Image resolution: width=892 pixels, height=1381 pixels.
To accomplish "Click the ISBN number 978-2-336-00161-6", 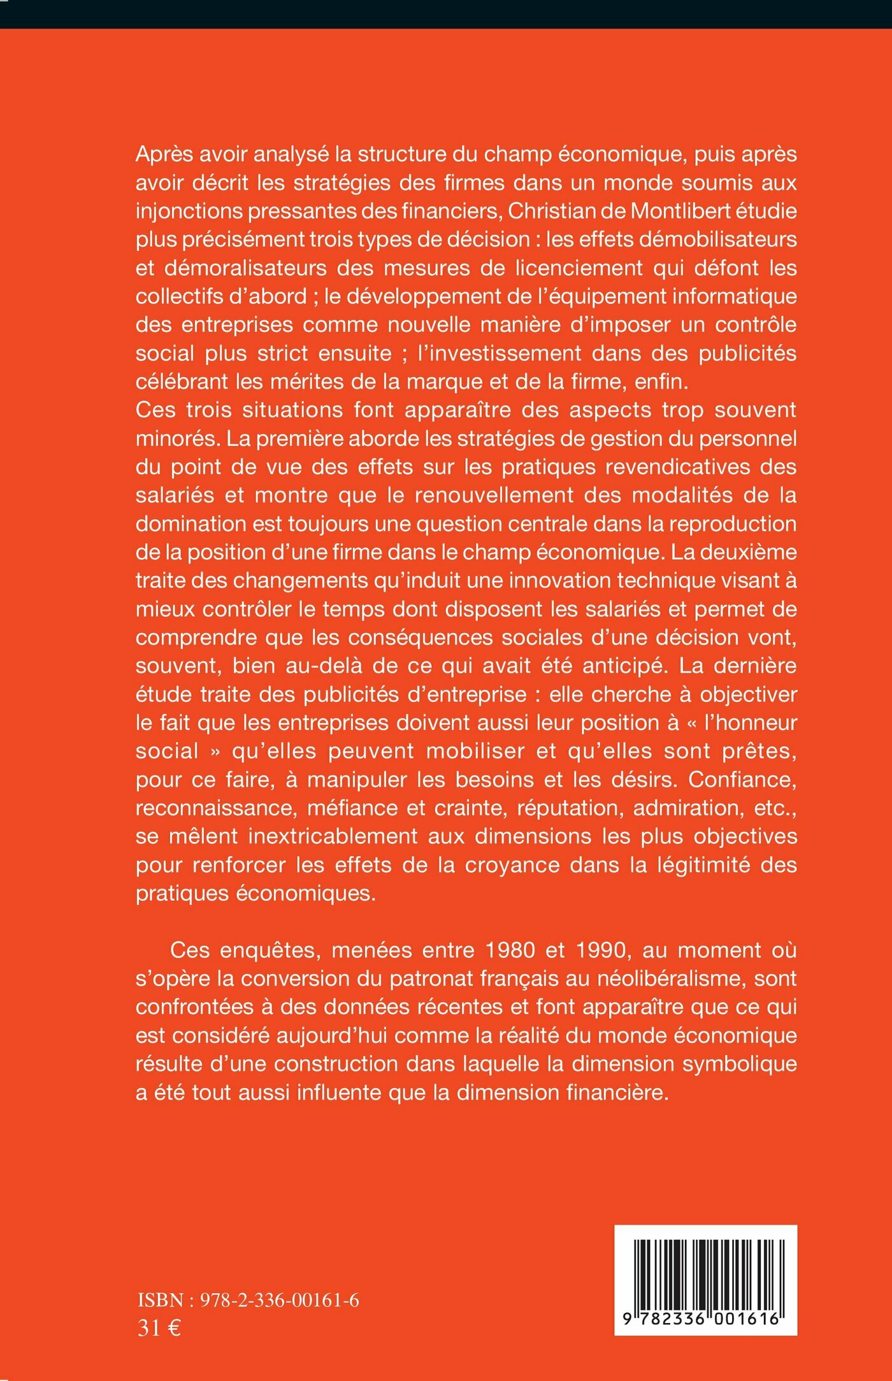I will (280, 1300).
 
